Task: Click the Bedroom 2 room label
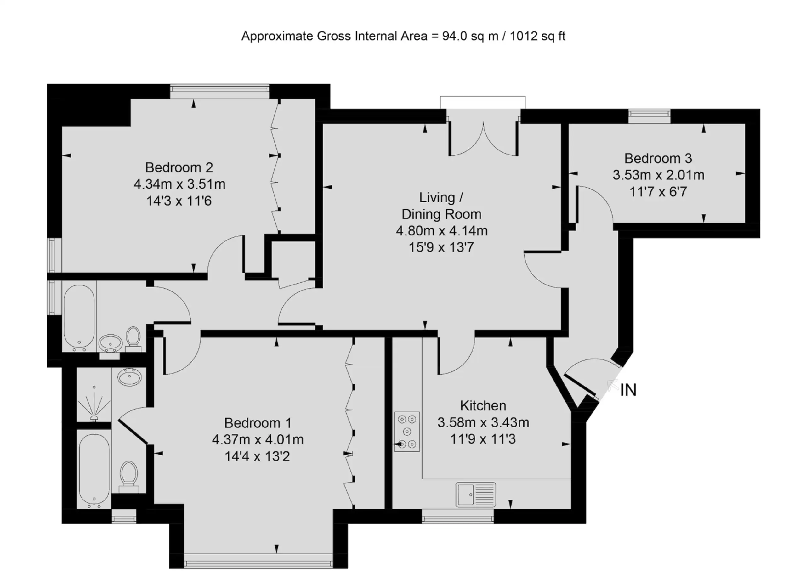pyautogui.click(x=179, y=167)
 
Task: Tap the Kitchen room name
pyautogui.click(x=483, y=406)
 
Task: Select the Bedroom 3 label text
pyautogui.click(x=658, y=158)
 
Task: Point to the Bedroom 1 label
pyautogui.click(x=258, y=423)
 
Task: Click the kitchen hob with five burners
pyautogui.click(x=407, y=432)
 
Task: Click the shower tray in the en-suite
pyautogui.click(x=94, y=395)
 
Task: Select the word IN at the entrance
pyautogui.click(x=628, y=390)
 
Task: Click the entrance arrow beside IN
pyautogui.click(x=613, y=385)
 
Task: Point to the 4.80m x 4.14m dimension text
pyautogui.click(x=442, y=231)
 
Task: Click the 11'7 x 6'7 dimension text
pyautogui.click(x=658, y=192)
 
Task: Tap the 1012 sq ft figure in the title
pyautogui.click(x=538, y=36)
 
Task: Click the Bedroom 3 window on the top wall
pyautogui.click(x=650, y=116)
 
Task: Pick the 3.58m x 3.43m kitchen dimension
pyautogui.click(x=483, y=423)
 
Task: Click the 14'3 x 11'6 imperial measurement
pyautogui.click(x=179, y=201)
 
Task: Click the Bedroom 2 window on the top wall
pyautogui.click(x=220, y=91)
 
